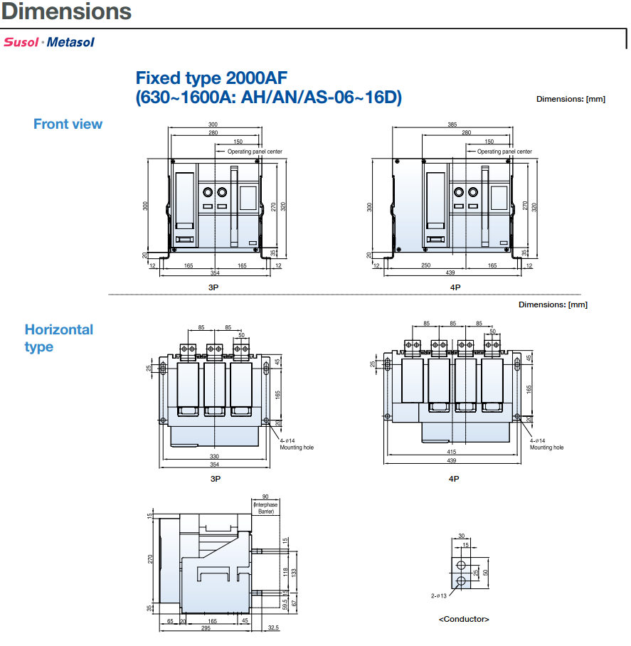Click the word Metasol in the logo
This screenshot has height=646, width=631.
(x=70, y=42)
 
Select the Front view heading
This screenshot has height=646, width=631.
(x=68, y=124)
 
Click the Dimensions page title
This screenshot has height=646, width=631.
(x=66, y=11)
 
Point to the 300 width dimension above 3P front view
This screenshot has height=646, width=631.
(x=213, y=125)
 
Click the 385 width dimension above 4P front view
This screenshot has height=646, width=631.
(x=452, y=125)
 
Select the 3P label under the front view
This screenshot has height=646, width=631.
(x=213, y=287)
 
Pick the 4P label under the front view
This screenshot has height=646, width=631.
(x=455, y=287)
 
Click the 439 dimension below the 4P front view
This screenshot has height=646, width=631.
(x=450, y=272)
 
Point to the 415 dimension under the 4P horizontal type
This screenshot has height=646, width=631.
(x=452, y=453)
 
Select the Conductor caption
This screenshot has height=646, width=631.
(x=464, y=619)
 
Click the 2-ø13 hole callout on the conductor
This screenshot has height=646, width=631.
(x=438, y=595)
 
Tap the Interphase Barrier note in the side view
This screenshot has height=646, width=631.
(x=265, y=508)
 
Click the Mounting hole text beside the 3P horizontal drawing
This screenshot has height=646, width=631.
(x=296, y=448)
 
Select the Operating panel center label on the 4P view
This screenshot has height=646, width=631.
(x=504, y=152)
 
